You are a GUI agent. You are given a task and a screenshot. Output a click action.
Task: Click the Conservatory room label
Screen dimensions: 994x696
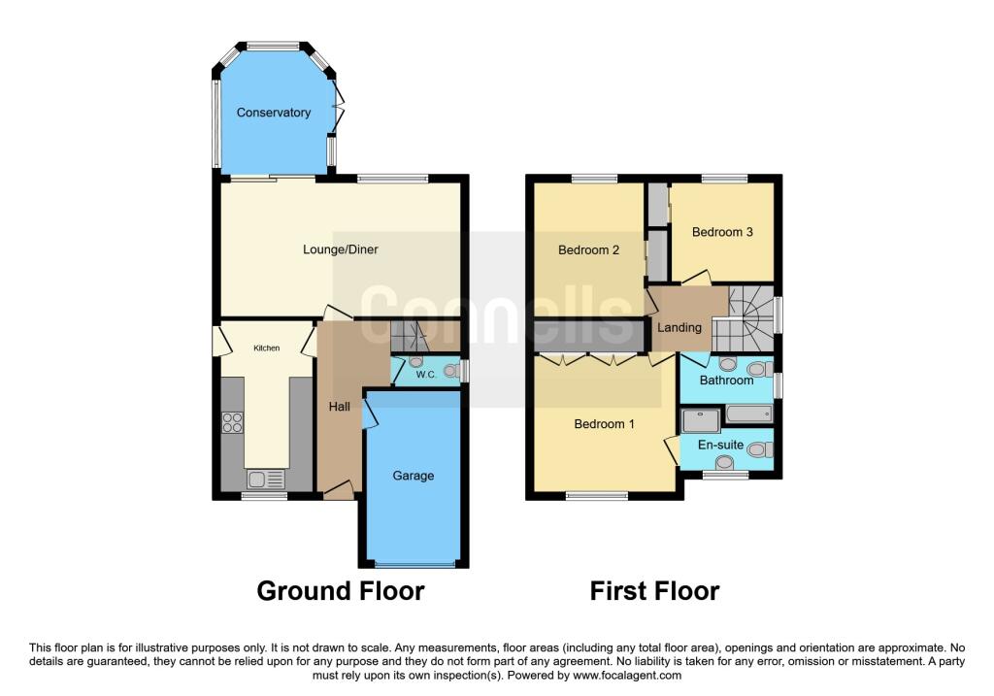(273, 113)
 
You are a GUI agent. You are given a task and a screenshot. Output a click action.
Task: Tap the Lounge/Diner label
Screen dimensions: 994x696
(341, 249)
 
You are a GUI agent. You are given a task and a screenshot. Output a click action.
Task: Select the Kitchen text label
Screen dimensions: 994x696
(266, 348)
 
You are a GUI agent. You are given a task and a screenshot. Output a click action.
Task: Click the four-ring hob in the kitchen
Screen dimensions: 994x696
(233, 422)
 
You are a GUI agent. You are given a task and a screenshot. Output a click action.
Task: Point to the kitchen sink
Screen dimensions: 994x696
(266, 480)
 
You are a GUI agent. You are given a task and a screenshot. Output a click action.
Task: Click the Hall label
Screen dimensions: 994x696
(339, 407)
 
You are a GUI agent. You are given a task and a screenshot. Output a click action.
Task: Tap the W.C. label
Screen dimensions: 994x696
(426, 375)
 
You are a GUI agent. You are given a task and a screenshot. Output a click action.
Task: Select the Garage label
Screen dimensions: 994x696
(414, 476)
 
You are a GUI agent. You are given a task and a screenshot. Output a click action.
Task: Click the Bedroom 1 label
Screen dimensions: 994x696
(604, 423)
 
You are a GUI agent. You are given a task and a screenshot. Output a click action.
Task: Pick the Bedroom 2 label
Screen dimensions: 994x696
(588, 249)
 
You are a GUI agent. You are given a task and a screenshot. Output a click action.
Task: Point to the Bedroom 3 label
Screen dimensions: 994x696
(722, 232)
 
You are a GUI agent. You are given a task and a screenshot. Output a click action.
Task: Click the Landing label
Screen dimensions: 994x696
(679, 328)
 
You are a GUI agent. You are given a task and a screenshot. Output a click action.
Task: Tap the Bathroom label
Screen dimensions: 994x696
(726, 381)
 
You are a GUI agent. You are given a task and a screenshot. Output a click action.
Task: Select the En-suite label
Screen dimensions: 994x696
(721, 445)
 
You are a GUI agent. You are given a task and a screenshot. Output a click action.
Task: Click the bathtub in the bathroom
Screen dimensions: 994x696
(749, 414)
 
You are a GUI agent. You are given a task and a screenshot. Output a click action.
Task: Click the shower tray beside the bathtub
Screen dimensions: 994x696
(701, 419)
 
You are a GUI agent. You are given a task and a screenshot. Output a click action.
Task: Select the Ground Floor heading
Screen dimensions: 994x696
(341, 591)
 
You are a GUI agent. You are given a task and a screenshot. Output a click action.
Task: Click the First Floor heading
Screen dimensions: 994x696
(654, 591)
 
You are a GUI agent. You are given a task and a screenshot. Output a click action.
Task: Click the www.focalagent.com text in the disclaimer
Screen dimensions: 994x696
(627, 675)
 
